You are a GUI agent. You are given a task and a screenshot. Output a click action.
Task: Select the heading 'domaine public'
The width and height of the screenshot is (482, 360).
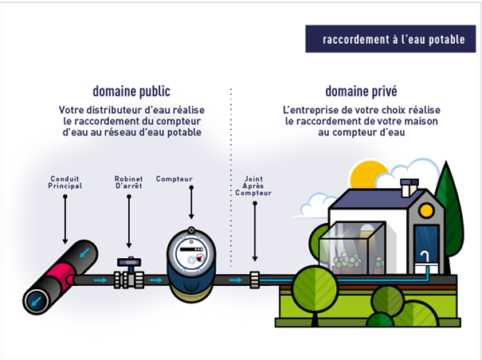pos(131,91)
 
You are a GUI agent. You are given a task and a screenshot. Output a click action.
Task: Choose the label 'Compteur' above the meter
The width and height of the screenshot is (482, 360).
pos(174,178)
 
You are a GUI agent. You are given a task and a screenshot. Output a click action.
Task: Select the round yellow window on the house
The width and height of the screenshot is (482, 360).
pos(427,210)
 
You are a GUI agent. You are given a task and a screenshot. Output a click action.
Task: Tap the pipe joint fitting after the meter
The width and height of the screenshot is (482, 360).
pos(254,280)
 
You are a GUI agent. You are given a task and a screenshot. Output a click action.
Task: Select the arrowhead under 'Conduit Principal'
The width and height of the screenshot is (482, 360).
pos(65,240)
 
